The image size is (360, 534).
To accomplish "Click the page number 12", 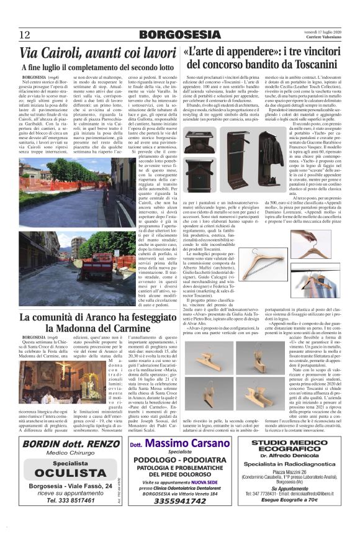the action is (25, 34).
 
